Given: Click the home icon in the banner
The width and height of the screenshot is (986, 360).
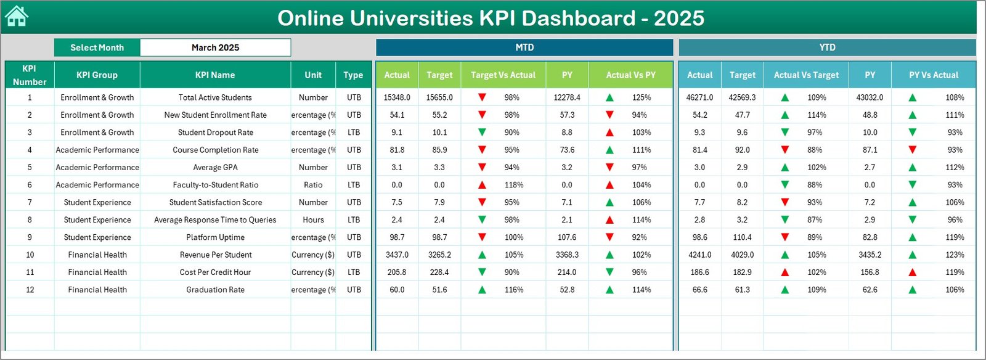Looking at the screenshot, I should pyautogui.click(x=17, y=17).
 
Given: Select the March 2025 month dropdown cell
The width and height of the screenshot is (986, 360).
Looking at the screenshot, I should pyautogui.click(x=215, y=47).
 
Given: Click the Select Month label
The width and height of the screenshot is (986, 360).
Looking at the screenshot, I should pyautogui.click(x=97, y=47).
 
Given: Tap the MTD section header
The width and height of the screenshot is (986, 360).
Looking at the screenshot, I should pyautogui.click(x=524, y=47).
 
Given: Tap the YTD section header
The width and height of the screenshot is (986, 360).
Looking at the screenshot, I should pyautogui.click(x=827, y=47).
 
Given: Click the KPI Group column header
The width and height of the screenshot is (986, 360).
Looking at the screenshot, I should pyautogui.click(x=97, y=75).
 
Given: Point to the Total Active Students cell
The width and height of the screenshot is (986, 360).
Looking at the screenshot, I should pyautogui.click(x=215, y=97).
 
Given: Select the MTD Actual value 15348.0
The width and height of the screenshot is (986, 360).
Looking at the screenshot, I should pyautogui.click(x=396, y=97).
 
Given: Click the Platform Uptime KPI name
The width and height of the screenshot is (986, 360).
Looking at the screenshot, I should pyautogui.click(x=215, y=237).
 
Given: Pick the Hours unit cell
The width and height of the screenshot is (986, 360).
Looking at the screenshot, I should pyautogui.click(x=313, y=220).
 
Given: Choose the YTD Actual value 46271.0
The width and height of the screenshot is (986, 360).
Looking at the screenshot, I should pyautogui.click(x=699, y=97).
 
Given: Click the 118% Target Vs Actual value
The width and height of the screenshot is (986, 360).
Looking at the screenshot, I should pyautogui.click(x=513, y=185).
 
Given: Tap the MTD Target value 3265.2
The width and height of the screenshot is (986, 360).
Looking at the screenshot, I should pyautogui.click(x=439, y=255).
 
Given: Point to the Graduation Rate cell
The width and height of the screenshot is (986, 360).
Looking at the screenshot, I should pyautogui.click(x=215, y=290).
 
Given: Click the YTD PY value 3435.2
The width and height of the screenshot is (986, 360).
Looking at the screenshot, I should pyautogui.click(x=870, y=255).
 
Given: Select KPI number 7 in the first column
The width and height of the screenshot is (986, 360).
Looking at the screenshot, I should pyautogui.click(x=30, y=202).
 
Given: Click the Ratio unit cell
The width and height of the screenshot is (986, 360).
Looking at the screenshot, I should pyautogui.click(x=313, y=185).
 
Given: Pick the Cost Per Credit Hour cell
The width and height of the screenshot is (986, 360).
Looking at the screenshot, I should pyautogui.click(x=215, y=272).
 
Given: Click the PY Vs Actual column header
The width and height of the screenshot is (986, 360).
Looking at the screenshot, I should pyautogui.click(x=933, y=75).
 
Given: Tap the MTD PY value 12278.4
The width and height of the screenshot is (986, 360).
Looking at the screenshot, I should pyautogui.click(x=567, y=97).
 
